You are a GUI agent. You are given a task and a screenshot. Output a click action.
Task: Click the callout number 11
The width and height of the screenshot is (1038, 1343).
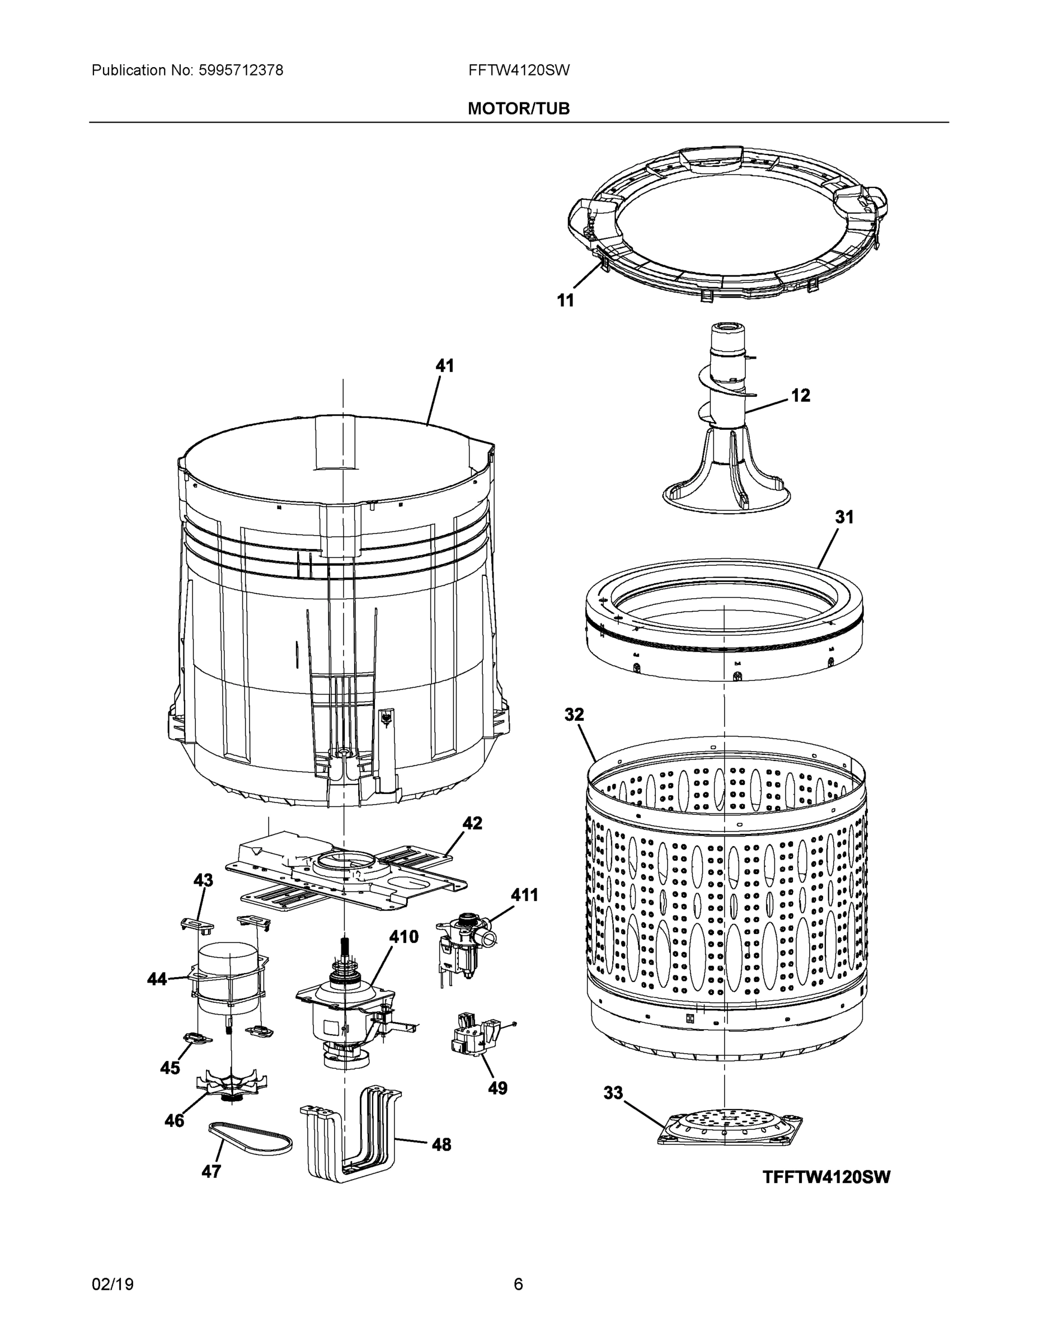coord(565,300)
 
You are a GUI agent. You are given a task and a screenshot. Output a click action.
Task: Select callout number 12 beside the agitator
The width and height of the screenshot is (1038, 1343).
coord(800,396)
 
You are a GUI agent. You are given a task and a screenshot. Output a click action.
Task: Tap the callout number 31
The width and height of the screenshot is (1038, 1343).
coord(844,518)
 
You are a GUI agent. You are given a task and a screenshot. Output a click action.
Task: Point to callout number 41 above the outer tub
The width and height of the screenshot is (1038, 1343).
coord(445,366)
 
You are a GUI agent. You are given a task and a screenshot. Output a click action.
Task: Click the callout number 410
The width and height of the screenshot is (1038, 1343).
coord(403,937)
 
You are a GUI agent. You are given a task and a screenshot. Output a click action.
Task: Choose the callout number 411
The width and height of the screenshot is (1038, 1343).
coord(524,895)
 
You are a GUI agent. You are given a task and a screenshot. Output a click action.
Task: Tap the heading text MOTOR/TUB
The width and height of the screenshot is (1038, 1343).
coord(518,109)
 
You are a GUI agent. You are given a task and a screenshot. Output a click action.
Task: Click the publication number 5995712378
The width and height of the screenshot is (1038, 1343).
coord(241,71)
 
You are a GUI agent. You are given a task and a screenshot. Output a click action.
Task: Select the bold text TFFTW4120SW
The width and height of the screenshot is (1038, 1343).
coord(826,1177)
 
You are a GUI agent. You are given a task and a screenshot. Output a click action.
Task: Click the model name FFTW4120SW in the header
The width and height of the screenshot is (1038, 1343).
coord(518,71)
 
